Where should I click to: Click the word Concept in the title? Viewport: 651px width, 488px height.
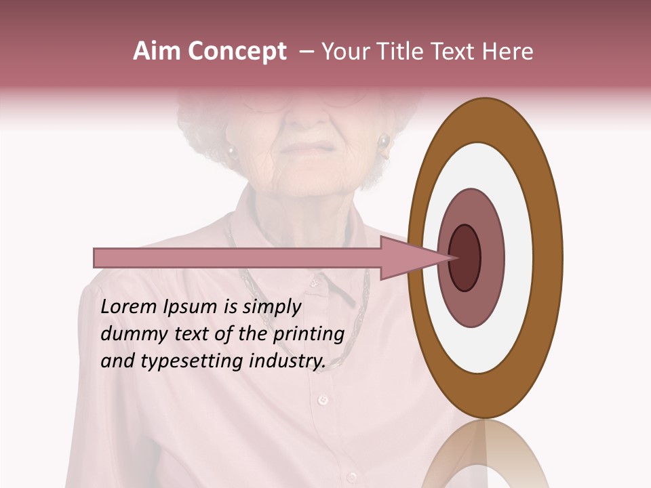(x=237, y=52)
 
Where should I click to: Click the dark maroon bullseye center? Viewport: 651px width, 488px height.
(x=465, y=258)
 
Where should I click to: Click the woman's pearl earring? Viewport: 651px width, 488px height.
(x=384, y=142)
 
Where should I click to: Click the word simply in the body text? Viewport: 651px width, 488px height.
(x=271, y=307)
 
